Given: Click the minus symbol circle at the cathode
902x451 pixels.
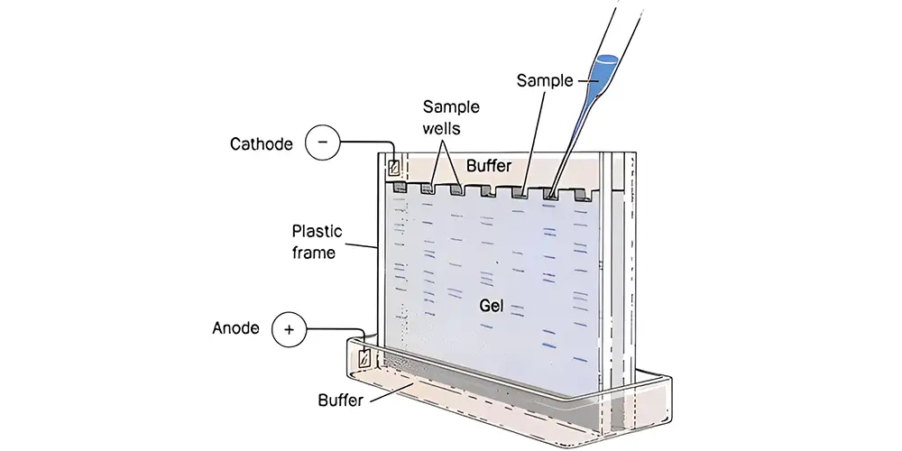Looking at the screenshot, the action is coord(322,143).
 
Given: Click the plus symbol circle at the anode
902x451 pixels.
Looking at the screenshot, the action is coord(289,329).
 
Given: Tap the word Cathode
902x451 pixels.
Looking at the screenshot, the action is coord(262,143).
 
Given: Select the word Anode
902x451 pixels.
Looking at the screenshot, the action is coord(235,328).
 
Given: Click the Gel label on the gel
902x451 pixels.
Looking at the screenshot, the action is coord(492,306).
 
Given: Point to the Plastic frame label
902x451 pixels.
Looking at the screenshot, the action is coord(317,242).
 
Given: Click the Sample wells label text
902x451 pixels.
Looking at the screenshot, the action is coord(451,117).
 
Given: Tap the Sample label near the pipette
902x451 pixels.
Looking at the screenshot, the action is coord(544,81).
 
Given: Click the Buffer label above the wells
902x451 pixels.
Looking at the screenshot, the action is coord(488,166).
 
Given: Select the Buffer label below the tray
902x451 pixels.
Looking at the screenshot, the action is coord(341,400).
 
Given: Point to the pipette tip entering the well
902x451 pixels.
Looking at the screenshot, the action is coord(552,195).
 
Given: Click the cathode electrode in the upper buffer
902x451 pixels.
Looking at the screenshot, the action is coord(393,168).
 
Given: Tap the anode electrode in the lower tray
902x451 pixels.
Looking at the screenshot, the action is coord(364,358).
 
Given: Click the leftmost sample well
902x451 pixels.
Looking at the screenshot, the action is coord(398,188).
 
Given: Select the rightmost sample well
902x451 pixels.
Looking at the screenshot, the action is coord(583,196).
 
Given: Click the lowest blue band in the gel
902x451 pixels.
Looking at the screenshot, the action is coord(580,360).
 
